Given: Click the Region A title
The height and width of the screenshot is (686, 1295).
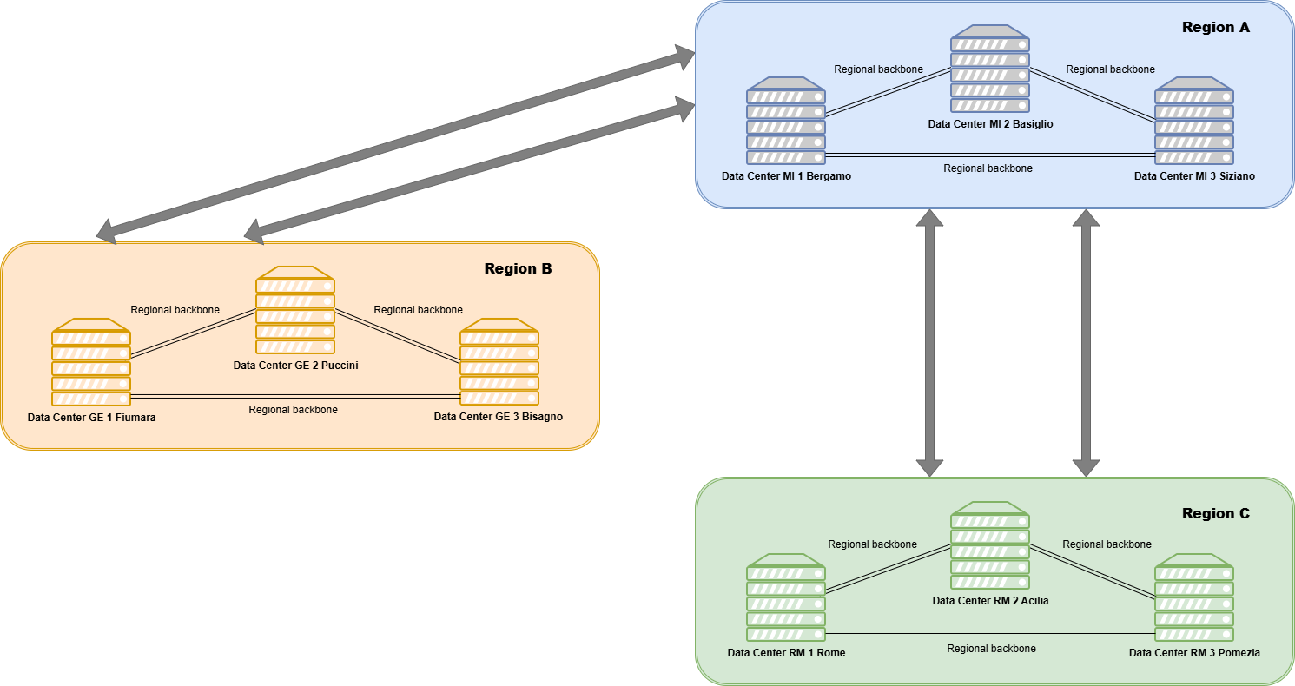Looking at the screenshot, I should coord(1215,28).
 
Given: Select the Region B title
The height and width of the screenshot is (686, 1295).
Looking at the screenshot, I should coord(518,269).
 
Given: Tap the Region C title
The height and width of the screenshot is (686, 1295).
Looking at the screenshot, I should coord(1215,514).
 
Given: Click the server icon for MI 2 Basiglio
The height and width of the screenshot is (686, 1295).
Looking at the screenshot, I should coord(990,70).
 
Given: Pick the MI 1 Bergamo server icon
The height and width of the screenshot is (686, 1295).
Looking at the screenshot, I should coord(786,122).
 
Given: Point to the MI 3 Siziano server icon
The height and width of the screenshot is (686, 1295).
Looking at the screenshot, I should coord(1194,122).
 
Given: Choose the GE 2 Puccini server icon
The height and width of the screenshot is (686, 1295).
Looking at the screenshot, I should coord(295,310).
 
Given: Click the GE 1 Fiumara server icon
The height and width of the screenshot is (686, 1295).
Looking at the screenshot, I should coord(91,362).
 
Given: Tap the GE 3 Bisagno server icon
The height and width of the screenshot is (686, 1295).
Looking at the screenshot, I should coord(499,362).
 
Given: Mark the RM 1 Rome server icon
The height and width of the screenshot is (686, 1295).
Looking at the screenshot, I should coord(786,597).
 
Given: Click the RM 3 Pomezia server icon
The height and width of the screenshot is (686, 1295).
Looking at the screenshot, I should coord(1194,597).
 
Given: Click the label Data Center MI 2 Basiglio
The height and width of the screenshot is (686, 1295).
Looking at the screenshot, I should coord(990,124).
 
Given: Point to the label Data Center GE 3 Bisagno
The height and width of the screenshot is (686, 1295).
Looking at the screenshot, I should coord(499,417).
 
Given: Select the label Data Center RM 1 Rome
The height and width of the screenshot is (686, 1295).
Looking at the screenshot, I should coord(786,653).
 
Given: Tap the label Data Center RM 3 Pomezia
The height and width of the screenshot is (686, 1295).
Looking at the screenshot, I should coord(1194,653).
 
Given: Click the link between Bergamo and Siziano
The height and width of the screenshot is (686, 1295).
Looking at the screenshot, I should coord(990,155).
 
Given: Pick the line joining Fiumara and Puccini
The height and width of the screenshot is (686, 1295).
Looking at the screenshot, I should coord(193,334).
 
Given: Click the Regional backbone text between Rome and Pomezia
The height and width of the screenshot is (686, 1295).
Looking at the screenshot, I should coord(991,649).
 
